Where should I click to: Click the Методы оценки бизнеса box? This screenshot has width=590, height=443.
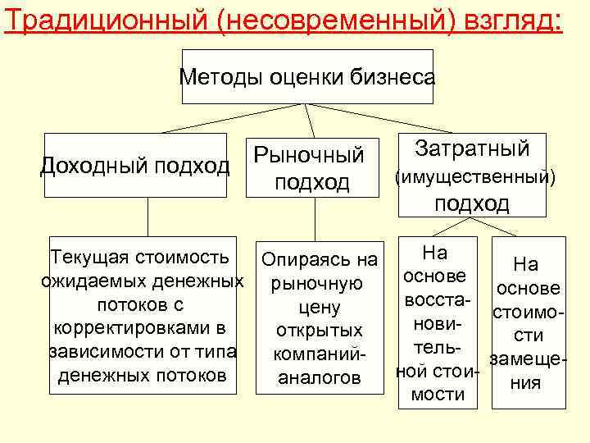coord(307,77)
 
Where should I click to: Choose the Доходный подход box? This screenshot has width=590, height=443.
coord(135,166)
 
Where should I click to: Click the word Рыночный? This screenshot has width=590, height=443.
coord(309,154)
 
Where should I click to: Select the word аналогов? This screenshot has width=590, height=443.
coord(320,378)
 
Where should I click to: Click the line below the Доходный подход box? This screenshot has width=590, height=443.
coord(147,217)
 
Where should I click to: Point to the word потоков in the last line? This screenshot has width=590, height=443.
coord(191,376)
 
